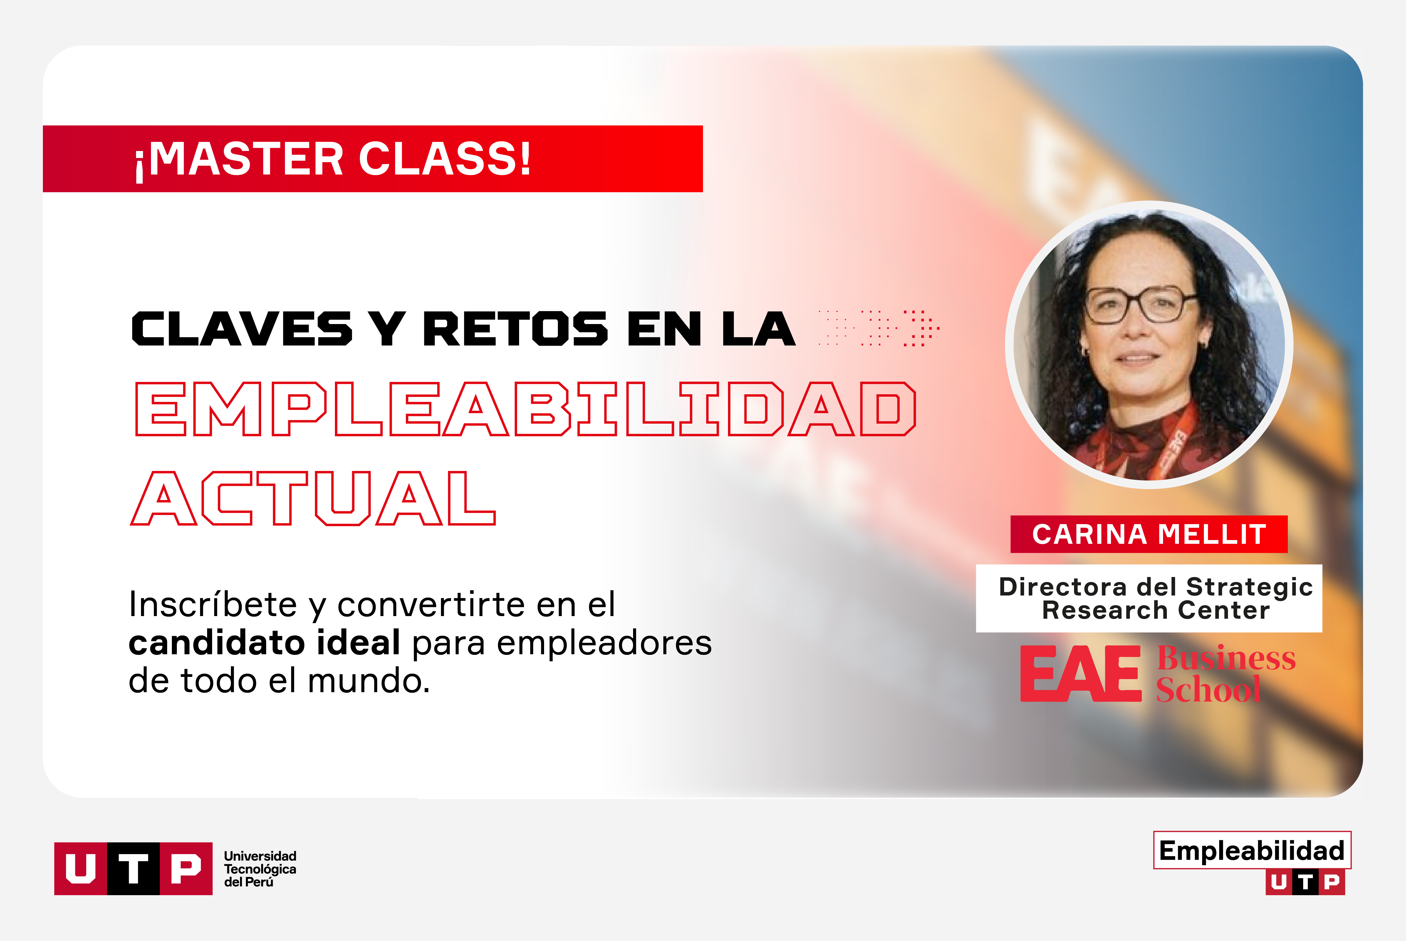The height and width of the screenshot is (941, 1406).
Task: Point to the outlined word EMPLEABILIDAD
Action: click(526, 409)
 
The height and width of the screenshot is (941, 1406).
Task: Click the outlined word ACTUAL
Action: click(313, 498)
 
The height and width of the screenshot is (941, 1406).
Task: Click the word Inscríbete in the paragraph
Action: click(213, 604)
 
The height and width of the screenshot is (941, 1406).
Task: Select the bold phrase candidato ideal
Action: click(264, 643)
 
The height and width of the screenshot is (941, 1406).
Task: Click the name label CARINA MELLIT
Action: click(1149, 534)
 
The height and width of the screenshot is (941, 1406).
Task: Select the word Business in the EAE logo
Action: click(1226, 658)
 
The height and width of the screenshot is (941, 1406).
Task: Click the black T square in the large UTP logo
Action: click(133, 868)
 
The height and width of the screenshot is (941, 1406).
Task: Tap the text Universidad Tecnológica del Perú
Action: click(260, 869)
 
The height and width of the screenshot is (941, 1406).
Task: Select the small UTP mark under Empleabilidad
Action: click(1305, 882)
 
